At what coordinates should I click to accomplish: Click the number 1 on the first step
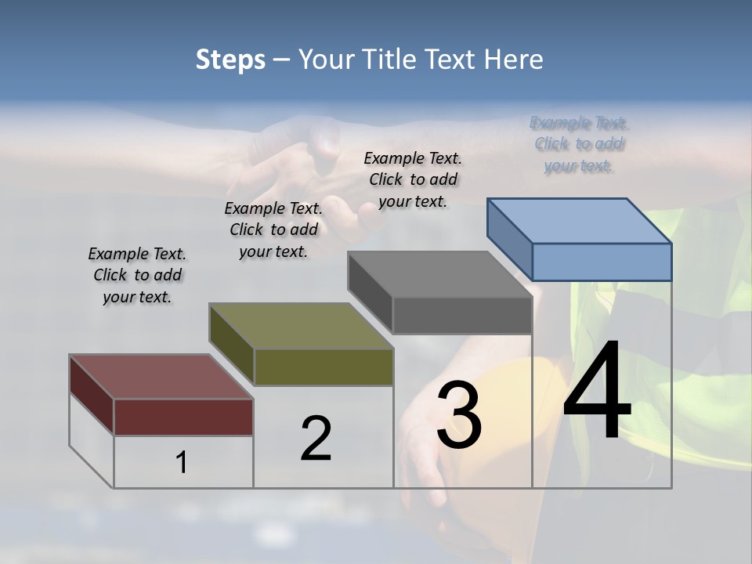coord(182,463)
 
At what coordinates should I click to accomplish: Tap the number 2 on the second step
coord(316,439)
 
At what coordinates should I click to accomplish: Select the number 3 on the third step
coord(459,415)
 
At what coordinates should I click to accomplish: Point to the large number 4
coord(597,392)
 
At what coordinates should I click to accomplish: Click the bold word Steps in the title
coord(230,60)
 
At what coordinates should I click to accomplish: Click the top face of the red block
coord(161,377)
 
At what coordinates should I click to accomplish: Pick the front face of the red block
coord(183,417)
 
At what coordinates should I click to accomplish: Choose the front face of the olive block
coord(324,367)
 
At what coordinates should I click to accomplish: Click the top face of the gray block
coord(439,274)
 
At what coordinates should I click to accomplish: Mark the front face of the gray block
coord(462,316)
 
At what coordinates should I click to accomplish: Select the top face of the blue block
coord(580,221)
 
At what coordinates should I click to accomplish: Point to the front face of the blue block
coord(602,262)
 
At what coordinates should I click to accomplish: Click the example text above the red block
coord(137,275)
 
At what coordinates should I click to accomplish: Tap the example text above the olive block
coord(273,230)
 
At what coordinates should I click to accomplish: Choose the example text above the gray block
coord(413,179)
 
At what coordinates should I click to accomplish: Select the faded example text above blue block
coord(579,144)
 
